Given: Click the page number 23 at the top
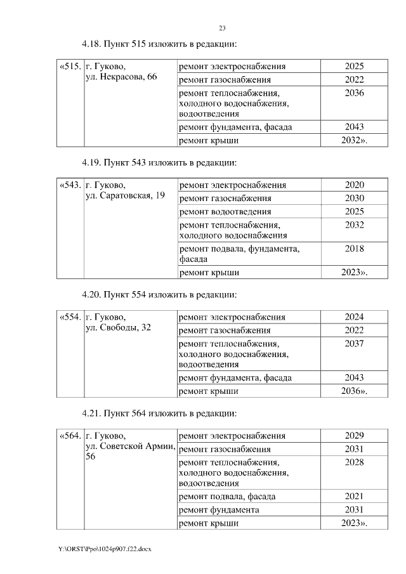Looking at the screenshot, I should tap(222, 28).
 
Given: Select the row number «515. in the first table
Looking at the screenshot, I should tap(69, 67).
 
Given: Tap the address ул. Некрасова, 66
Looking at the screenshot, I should tap(121, 77).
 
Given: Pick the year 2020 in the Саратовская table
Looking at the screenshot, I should tap(354, 185).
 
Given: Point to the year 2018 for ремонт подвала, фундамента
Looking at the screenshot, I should tap(354, 249).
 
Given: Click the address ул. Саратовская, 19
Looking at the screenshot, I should tap(124, 195).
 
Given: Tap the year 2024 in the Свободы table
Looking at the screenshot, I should tap(354, 317).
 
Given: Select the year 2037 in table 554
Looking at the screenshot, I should tap(354, 343).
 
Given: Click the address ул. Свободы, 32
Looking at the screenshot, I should tap(117, 327).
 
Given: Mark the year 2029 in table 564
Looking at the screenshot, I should tap(354, 436).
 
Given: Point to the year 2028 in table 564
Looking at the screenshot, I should tap(354, 462).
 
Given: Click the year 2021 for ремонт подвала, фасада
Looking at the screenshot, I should tap(354, 496).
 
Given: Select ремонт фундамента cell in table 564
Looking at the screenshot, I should tap(219, 510).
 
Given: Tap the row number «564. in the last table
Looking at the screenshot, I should tap(69, 436).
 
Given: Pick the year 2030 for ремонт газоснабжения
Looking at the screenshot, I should tap(354, 199).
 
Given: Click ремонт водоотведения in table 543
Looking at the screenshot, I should tap(225, 211).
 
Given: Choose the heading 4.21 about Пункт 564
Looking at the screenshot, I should tap(159, 414).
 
